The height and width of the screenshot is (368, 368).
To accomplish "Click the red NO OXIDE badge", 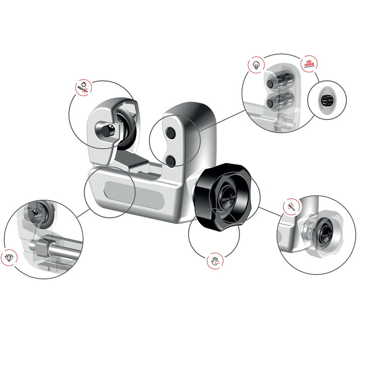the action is point(309,63).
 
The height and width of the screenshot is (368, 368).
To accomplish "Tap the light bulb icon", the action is point(256,64).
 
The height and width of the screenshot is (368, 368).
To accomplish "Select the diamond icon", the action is point(9,258).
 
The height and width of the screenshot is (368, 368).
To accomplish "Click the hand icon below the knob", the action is point(215,261).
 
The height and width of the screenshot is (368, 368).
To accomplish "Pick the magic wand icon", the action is point(292,206).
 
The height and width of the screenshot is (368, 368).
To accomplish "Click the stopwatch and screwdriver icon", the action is point(84,88).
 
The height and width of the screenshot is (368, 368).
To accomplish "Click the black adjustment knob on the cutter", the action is point(223,197).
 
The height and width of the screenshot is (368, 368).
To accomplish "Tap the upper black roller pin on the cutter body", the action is point(170,133).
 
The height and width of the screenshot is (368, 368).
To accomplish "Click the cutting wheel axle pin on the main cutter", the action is point(106,131).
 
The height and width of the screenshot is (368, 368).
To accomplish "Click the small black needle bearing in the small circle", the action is point(326,100).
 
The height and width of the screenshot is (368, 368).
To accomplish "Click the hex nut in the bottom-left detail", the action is point(42,247).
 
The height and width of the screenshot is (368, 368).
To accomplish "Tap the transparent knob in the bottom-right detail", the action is point(322,235).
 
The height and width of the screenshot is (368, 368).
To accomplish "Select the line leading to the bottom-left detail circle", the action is point(83,213).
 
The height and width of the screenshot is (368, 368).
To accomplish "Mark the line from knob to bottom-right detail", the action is point(270,212).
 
